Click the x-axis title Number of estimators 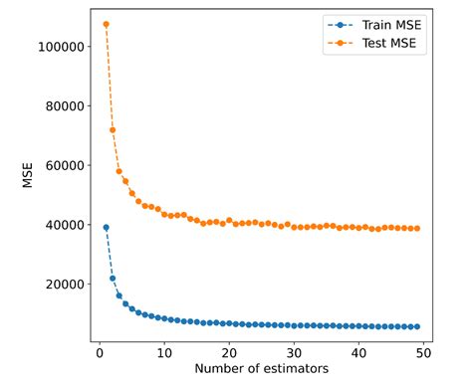click(261, 370)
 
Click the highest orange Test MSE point click(106, 24)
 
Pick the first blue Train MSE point click(106, 228)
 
